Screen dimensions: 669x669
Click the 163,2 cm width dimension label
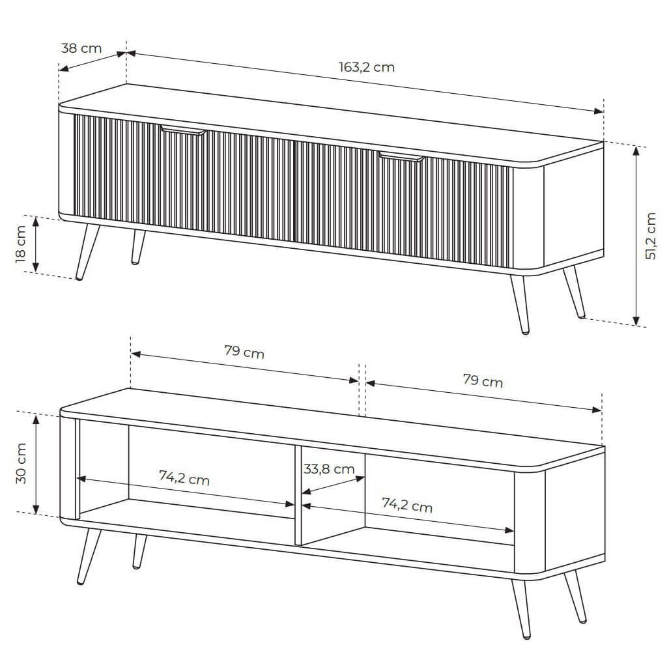(367, 67)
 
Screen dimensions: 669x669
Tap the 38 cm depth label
(81, 48)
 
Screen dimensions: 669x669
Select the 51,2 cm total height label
(651, 236)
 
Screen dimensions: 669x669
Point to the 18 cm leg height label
(20, 244)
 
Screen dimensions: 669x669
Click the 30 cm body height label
(21, 463)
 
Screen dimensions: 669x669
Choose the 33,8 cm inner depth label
(329, 469)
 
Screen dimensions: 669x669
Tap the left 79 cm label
(244, 352)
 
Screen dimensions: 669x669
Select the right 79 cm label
(483, 380)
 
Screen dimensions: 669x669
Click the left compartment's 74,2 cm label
(184, 477)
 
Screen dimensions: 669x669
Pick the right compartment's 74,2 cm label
(407, 505)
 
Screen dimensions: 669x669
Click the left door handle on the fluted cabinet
(184, 130)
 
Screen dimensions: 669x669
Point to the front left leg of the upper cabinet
(87, 251)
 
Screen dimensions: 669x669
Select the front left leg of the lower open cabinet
(89, 556)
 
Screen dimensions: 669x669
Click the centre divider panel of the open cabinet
(298, 495)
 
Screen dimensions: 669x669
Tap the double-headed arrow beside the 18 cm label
(36, 244)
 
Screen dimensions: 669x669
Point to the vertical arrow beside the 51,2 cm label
(636, 236)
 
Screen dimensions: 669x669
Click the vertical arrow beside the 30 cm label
(36, 464)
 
